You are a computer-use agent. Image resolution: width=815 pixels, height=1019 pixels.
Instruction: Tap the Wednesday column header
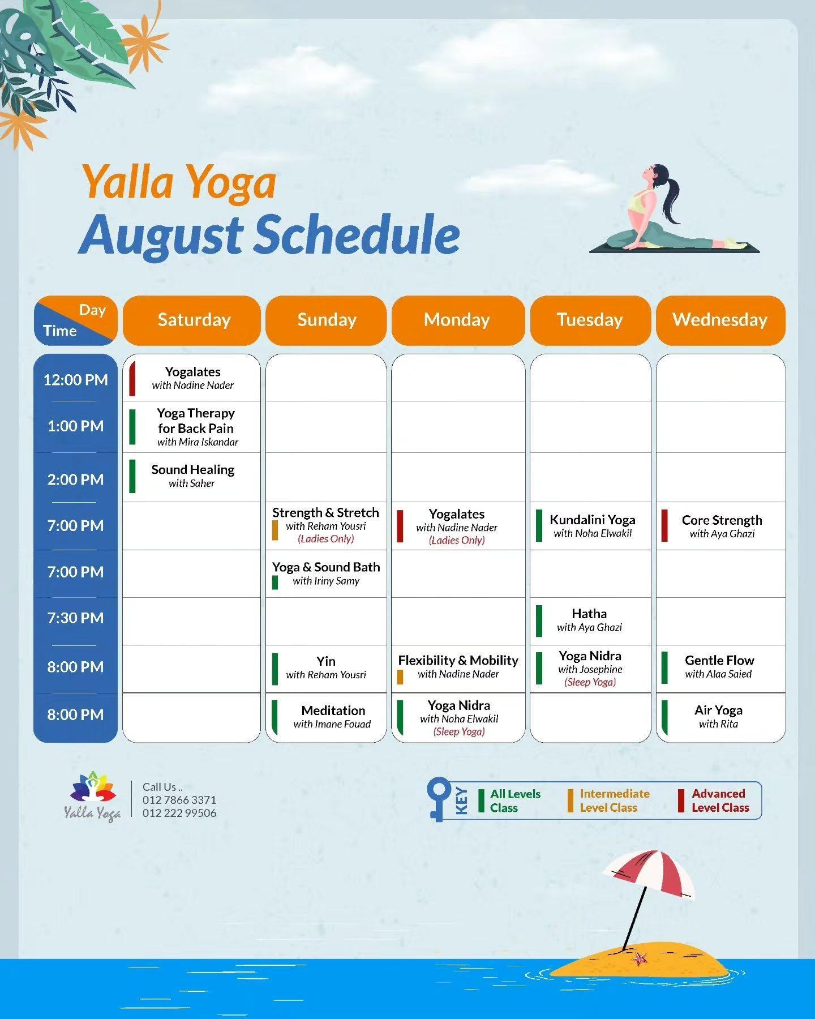(720, 320)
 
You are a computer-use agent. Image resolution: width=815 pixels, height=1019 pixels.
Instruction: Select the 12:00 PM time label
(75, 380)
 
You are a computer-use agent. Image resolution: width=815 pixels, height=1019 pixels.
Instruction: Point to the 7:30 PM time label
(75, 618)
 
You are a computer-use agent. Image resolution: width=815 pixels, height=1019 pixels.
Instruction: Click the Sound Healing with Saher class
(192, 476)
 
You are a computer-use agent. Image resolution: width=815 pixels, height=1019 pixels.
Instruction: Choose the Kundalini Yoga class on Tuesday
(592, 526)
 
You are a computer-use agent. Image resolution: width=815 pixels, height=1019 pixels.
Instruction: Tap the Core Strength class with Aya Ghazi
(722, 526)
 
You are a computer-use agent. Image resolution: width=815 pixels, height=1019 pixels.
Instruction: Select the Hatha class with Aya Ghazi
(589, 620)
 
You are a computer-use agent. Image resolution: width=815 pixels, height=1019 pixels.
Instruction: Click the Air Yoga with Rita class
(718, 717)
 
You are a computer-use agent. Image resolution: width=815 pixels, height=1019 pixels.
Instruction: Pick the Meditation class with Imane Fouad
(332, 717)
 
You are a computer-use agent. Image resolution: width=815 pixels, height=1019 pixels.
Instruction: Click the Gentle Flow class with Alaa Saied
(719, 667)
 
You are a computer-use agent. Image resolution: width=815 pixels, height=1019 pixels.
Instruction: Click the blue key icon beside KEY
(439, 799)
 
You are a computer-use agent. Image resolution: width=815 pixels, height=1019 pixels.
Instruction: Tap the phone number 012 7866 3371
(179, 800)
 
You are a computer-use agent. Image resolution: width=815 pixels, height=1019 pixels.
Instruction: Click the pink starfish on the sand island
(640, 958)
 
